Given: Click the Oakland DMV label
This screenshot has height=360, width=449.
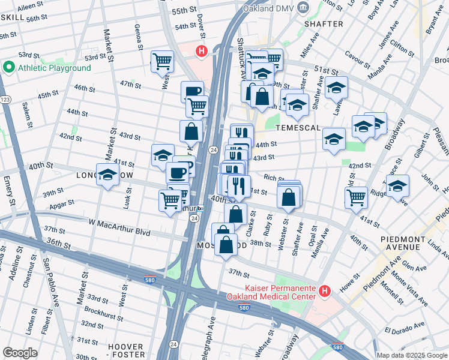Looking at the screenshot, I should [268, 10].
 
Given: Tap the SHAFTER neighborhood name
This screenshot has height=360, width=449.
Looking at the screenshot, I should [324, 24].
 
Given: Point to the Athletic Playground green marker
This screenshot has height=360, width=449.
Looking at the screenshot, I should [8, 68].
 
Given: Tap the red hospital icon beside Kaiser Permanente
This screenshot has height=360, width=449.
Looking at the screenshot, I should [325, 292].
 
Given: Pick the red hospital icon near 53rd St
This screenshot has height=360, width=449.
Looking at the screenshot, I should [202, 52].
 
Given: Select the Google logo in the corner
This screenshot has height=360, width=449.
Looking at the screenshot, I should [20, 352].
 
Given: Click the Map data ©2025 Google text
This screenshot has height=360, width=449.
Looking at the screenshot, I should [412, 355].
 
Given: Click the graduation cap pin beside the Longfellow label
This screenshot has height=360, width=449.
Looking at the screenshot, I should [107, 175].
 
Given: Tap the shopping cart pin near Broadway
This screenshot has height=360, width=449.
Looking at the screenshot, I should [357, 196].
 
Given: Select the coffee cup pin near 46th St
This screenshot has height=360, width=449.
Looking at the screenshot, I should [192, 91].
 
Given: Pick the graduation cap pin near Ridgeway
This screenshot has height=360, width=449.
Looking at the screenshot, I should [397, 186].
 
